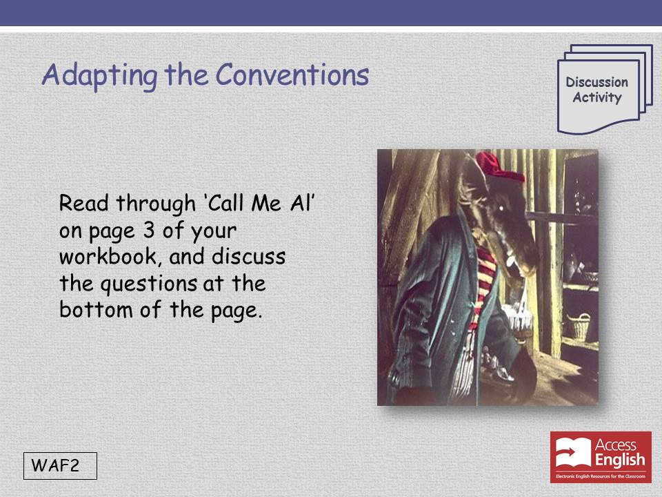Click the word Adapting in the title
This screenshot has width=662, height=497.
pos(99,76)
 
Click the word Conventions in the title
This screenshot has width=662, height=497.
pos(292,75)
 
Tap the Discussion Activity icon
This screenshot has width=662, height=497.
pos(605,89)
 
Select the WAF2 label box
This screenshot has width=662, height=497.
pos(60,466)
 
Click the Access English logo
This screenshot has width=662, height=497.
pos(601,457)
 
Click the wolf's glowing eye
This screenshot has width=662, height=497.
pos(502,208)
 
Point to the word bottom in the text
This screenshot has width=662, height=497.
pos(96,309)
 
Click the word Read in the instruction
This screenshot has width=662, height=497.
pos(83,203)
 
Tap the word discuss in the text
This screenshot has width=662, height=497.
pos(249,257)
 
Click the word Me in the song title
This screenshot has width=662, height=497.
pos(266,203)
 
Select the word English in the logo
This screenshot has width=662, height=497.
pos(620,460)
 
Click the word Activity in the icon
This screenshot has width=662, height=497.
pos(597,97)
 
